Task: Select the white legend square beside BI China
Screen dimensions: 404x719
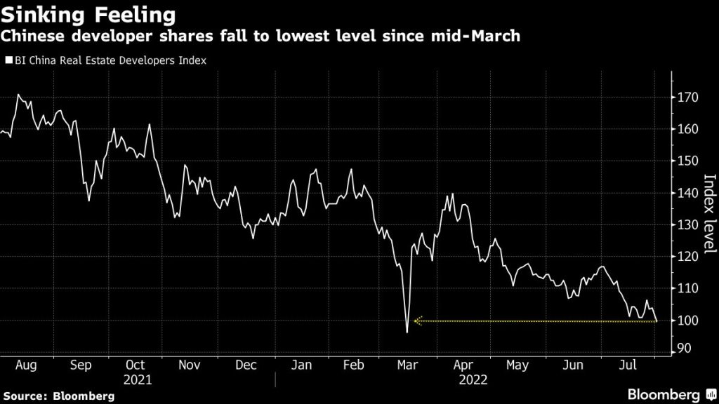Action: tap(8, 60)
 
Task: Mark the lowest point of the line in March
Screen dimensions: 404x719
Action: tap(407, 332)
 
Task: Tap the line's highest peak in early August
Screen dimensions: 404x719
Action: tap(18, 94)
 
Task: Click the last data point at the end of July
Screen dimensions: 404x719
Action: tap(657, 321)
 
